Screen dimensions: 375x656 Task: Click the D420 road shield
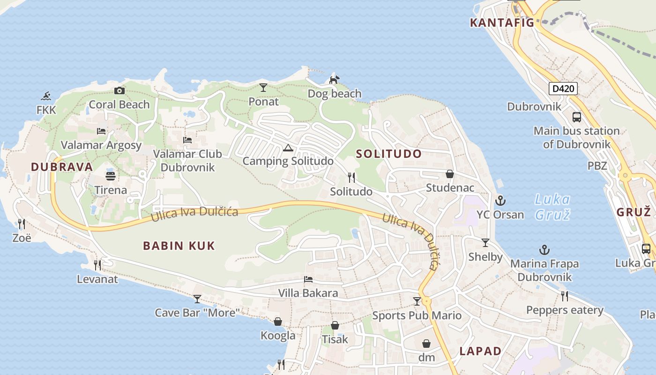click(563, 89)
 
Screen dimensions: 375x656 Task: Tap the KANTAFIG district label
click(502, 22)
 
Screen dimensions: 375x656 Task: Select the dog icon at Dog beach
click(334, 80)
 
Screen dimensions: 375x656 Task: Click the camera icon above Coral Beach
click(119, 91)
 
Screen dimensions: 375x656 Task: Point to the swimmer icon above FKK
click(46, 97)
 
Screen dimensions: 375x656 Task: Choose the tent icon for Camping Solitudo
click(288, 148)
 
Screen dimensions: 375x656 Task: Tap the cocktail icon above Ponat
click(263, 88)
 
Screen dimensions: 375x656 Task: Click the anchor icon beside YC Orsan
click(500, 201)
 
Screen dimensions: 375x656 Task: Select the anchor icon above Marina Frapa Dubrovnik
click(544, 250)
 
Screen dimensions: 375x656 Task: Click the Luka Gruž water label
click(552, 207)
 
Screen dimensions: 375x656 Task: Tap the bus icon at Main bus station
click(576, 117)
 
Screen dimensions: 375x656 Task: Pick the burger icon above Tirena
click(111, 176)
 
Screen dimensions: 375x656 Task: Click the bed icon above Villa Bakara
click(308, 280)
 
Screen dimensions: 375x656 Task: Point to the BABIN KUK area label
click(179, 246)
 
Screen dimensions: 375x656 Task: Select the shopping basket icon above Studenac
click(450, 174)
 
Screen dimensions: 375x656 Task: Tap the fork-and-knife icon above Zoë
click(22, 224)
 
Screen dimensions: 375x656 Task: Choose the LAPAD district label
click(480, 351)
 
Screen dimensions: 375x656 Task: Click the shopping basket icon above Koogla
click(278, 322)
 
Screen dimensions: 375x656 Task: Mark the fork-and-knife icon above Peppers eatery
click(565, 296)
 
